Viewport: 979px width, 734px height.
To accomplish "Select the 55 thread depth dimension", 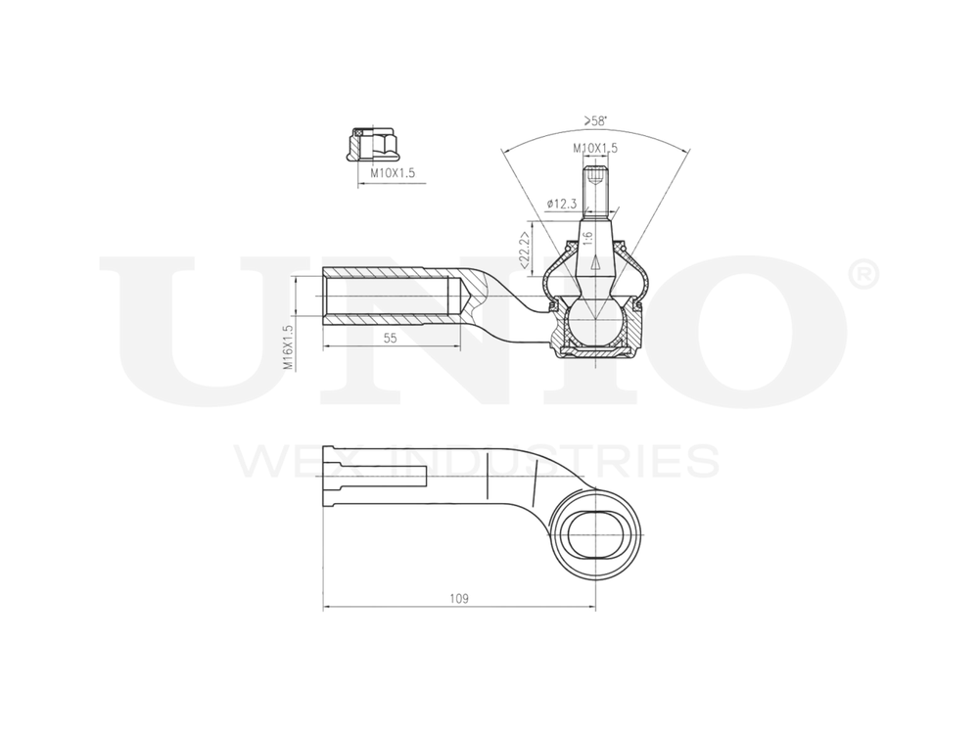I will (x=390, y=338).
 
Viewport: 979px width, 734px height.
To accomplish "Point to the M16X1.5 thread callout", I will (x=289, y=346).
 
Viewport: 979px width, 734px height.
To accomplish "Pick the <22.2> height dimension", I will (x=524, y=250).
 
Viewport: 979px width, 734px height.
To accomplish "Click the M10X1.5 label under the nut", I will (x=393, y=173).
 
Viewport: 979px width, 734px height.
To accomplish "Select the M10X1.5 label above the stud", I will (x=595, y=148).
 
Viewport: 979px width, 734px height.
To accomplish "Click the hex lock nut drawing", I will (x=372, y=144).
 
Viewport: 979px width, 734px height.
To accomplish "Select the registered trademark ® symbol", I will (x=861, y=276).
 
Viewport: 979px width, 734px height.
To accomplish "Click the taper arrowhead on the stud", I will (x=594, y=262).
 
